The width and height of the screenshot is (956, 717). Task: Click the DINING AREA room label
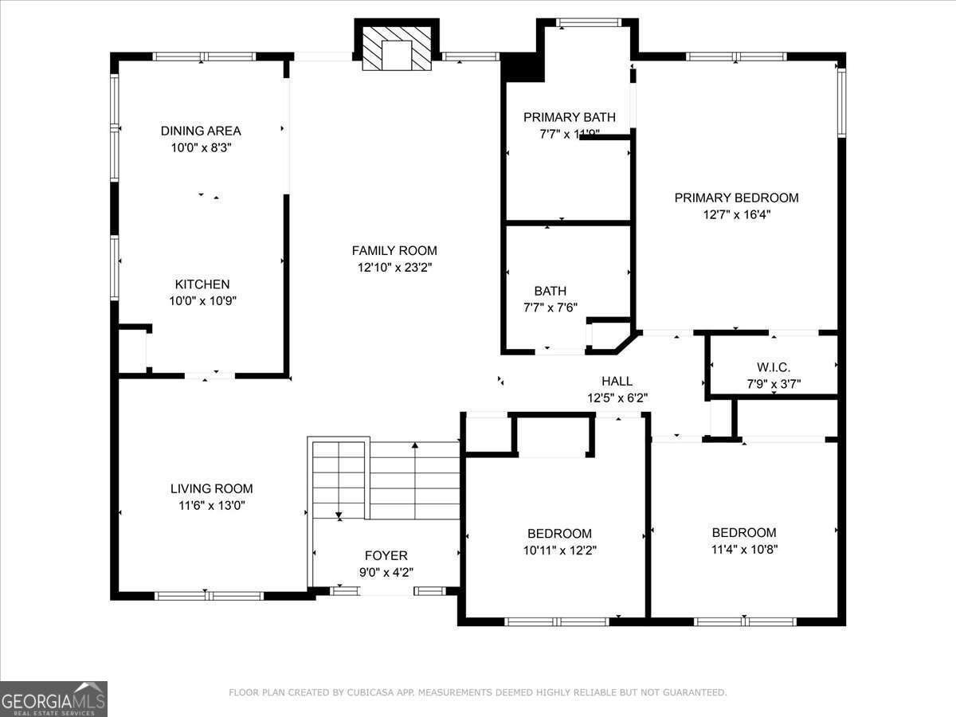201,131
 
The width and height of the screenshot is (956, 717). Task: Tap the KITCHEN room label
202,284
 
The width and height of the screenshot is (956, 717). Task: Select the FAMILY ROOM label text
394,250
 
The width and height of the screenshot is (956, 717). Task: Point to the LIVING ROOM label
211,488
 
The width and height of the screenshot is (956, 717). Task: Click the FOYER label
386,555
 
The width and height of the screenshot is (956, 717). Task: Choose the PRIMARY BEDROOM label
736,198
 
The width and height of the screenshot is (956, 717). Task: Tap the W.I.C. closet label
774,367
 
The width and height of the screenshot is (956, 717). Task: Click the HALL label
617,382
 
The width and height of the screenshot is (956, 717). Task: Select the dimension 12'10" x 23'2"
394,268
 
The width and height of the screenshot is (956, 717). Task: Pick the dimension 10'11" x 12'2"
559,550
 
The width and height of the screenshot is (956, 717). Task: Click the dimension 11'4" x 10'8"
744,549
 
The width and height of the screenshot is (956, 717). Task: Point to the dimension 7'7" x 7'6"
550,308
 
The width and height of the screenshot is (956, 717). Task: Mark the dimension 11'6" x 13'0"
211,505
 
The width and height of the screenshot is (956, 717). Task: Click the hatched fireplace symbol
396,48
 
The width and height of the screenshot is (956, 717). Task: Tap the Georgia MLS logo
53,699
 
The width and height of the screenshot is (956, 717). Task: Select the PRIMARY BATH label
569,117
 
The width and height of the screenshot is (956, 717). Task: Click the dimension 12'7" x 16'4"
736,214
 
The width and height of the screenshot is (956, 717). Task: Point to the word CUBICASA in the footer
369,692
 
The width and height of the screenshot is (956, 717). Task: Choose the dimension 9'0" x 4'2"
386,572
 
